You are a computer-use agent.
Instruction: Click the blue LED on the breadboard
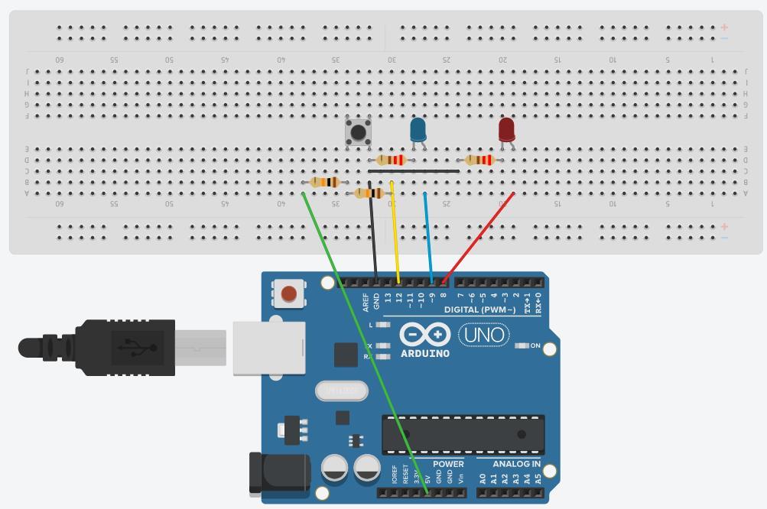tap(418, 129)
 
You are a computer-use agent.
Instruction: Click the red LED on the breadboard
tap(506, 129)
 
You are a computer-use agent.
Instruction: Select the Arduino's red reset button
tap(289, 293)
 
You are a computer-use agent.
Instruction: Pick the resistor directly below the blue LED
tap(392, 160)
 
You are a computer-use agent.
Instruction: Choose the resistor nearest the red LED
tap(480, 160)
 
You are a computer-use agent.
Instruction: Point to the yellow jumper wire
tap(395, 229)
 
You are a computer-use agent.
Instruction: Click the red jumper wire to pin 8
tap(478, 237)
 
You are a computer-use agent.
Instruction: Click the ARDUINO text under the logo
tap(425, 353)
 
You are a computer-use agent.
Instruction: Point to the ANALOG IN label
tap(516, 464)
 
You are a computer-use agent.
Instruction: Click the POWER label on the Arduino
tap(448, 464)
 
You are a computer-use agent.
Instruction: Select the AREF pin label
tap(366, 302)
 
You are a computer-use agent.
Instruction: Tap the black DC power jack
tap(278, 472)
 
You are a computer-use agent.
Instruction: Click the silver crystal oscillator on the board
tap(342, 391)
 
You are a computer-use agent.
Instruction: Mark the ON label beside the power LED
tap(535, 346)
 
